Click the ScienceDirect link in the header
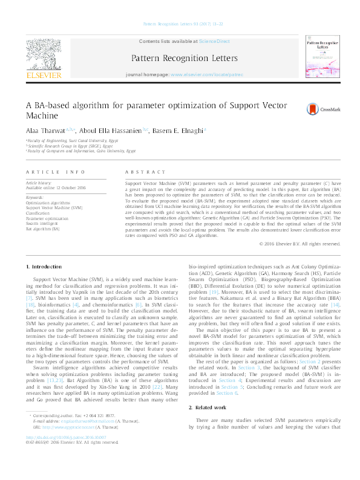(212, 41)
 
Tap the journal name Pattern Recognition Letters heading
(180, 58)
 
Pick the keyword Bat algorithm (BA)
(42, 230)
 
